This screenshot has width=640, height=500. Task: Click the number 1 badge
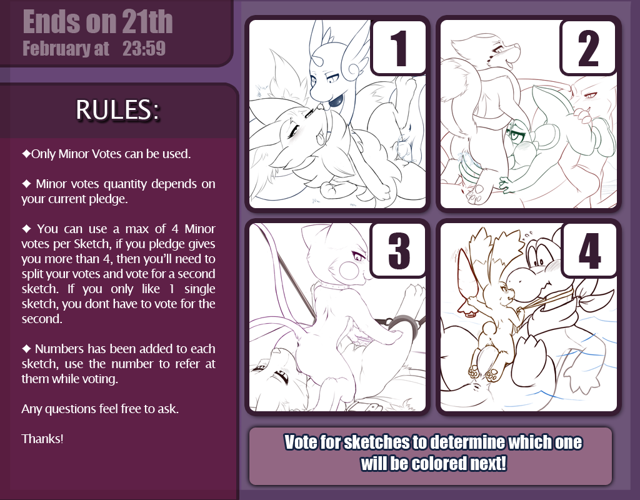pos(399,47)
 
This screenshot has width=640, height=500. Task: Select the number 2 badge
pos(588,47)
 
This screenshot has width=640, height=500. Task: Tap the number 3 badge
pos(399,250)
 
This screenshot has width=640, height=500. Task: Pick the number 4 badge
pos(589,250)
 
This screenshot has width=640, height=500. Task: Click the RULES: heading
pos(117,109)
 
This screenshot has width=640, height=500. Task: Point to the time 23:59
pos(144,49)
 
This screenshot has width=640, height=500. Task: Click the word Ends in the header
pos(51,22)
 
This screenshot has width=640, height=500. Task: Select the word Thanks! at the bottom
pos(42,439)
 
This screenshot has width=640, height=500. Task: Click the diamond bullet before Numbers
pos(26,349)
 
